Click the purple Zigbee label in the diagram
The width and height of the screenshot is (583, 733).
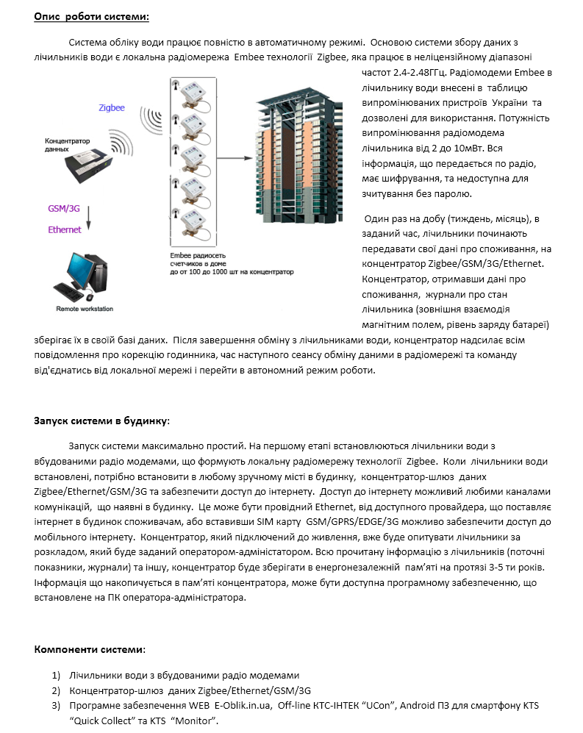[112, 108]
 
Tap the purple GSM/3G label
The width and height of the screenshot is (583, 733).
[64, 208]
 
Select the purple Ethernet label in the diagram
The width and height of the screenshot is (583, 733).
[65, 230]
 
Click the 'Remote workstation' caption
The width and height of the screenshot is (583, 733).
[85, 310]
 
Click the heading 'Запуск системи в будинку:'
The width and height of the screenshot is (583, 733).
[102, 421]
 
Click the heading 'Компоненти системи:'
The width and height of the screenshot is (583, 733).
[90, 649]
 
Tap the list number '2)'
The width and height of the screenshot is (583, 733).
[56, 690]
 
